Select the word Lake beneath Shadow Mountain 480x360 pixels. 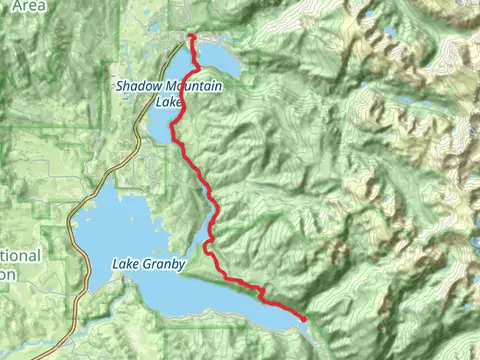tap(168, 102)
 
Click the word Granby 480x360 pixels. tap(163, 265)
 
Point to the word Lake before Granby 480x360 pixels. tap(124, 265)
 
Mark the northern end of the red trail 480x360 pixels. tap(190, 37)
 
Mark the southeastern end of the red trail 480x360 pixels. tap(304, 318)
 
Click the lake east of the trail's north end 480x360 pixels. tap(222, 58)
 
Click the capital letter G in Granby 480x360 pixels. tap(146, 265)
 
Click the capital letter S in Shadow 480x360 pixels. tap(119, 88)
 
